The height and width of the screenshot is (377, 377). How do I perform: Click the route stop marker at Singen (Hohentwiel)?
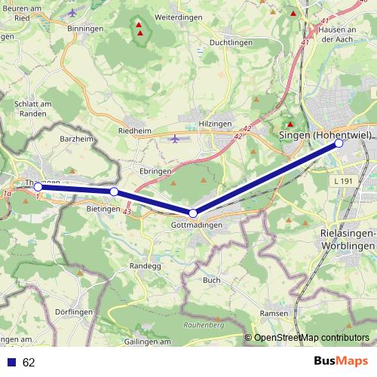pos(339,143)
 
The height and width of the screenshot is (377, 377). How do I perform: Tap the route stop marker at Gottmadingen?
pos(193,213)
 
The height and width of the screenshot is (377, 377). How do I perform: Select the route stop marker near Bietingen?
pos(114,192)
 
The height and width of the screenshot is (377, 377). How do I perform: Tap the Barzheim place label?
pos(75,139)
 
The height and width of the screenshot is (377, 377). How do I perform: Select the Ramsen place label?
pos(273,313)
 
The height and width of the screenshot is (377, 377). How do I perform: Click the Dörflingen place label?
pos(74,311)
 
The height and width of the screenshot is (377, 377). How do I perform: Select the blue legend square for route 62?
pos(10,362)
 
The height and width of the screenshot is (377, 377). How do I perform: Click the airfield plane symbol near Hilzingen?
pos(175,138)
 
